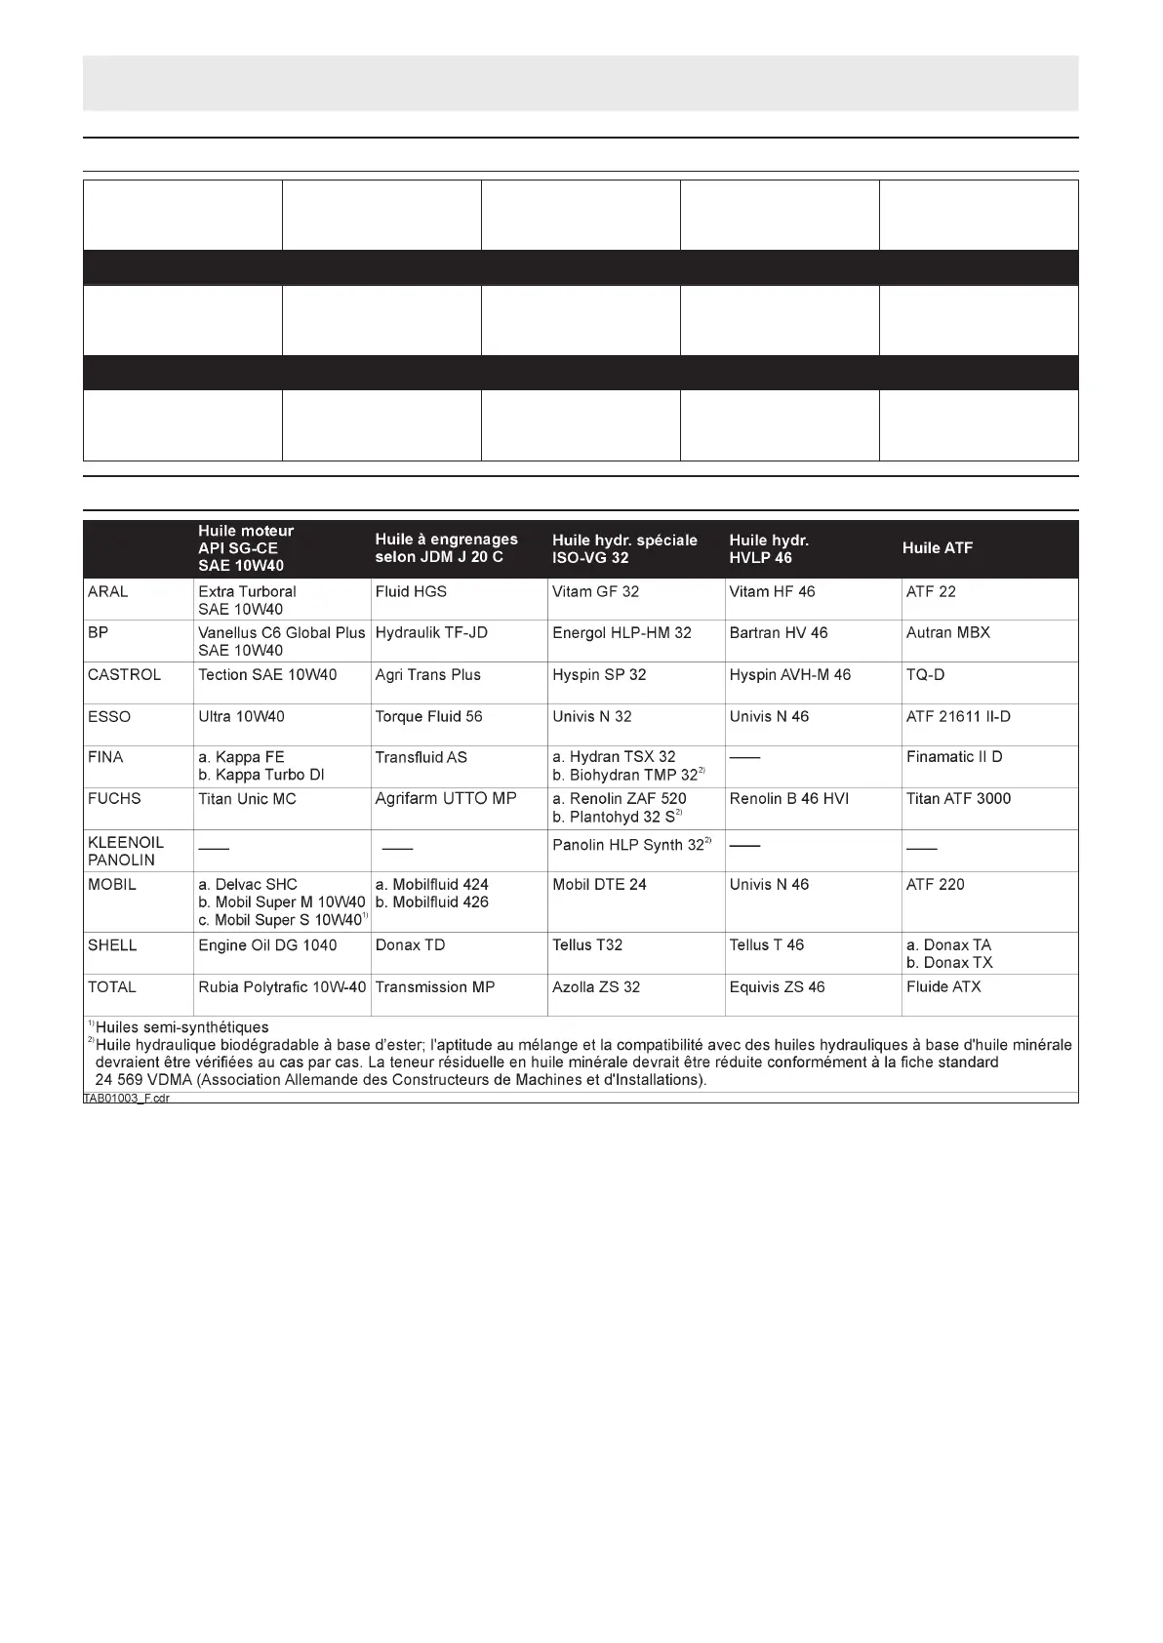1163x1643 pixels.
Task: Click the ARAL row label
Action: point(108,591)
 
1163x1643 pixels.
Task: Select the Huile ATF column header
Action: point(937,548)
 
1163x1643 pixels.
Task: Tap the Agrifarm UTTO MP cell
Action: point(446,798)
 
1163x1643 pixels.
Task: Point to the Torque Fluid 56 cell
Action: point(428,716)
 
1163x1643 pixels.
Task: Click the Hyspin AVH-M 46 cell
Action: point(789,674)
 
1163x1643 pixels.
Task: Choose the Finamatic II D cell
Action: point(953,756)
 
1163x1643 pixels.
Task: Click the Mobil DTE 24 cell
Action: point(600,884)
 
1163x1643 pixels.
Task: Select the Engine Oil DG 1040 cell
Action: point(267,944)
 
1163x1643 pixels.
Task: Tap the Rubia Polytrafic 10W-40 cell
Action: point(282,986)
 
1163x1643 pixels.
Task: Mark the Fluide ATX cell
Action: point(943,986)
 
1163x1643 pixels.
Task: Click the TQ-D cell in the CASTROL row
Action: point(925,674)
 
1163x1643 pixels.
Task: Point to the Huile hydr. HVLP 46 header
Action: point(770,548)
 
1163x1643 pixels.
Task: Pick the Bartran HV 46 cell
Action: point(778,632)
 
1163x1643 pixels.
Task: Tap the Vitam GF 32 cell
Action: point(595,591)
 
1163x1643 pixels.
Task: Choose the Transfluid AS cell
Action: point(421,757)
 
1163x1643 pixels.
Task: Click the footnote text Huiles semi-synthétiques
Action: point(181,1027)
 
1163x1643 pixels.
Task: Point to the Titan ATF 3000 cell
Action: point(958,798)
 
